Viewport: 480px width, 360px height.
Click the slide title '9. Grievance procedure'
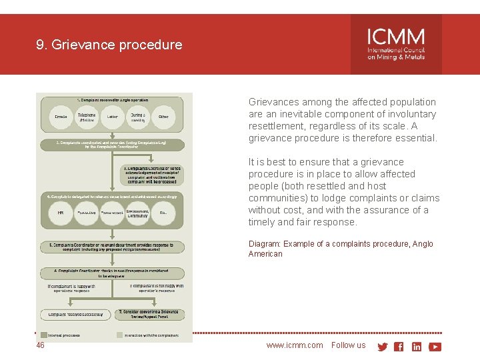(109, 45)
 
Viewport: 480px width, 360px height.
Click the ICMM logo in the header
(396, 44)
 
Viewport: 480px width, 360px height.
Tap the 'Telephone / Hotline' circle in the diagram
(87, 117)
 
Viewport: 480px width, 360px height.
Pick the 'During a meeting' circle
(138, 117)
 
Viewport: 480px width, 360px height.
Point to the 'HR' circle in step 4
(60, 213)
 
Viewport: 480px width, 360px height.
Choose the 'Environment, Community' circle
(137, 213)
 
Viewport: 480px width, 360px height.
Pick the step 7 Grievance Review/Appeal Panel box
(149, 314)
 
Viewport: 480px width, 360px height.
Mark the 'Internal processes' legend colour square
(43, 335)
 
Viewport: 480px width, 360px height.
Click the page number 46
(41, 345)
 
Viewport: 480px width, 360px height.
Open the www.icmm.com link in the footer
(294, 345)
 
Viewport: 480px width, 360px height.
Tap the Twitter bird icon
(383, 347)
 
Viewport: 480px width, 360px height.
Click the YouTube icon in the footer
(435, 347)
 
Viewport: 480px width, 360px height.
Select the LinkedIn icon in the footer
(417, 347)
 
